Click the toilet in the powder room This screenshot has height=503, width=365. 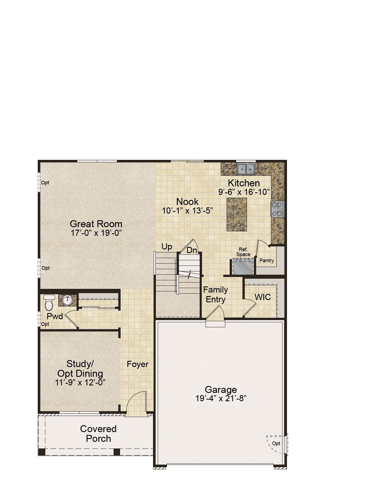49,302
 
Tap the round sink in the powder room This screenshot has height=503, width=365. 67,300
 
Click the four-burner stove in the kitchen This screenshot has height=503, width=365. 277,209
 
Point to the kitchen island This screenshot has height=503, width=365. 237,214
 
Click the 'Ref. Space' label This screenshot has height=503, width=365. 243,252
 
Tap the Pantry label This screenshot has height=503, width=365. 267,261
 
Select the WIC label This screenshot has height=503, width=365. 262,297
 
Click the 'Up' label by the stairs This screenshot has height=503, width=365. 167,247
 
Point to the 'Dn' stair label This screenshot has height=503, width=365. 192,250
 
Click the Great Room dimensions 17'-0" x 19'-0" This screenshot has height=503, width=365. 96,233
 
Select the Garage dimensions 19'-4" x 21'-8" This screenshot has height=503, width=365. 221,398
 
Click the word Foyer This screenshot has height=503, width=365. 137,364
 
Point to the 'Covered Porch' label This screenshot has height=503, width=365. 98,434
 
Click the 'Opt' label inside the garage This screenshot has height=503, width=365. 276,443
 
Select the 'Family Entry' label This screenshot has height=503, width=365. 216,294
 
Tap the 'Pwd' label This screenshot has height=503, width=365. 55,316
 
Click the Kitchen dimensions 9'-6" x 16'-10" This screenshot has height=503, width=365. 244,192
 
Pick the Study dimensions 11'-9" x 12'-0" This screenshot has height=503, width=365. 80,382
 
